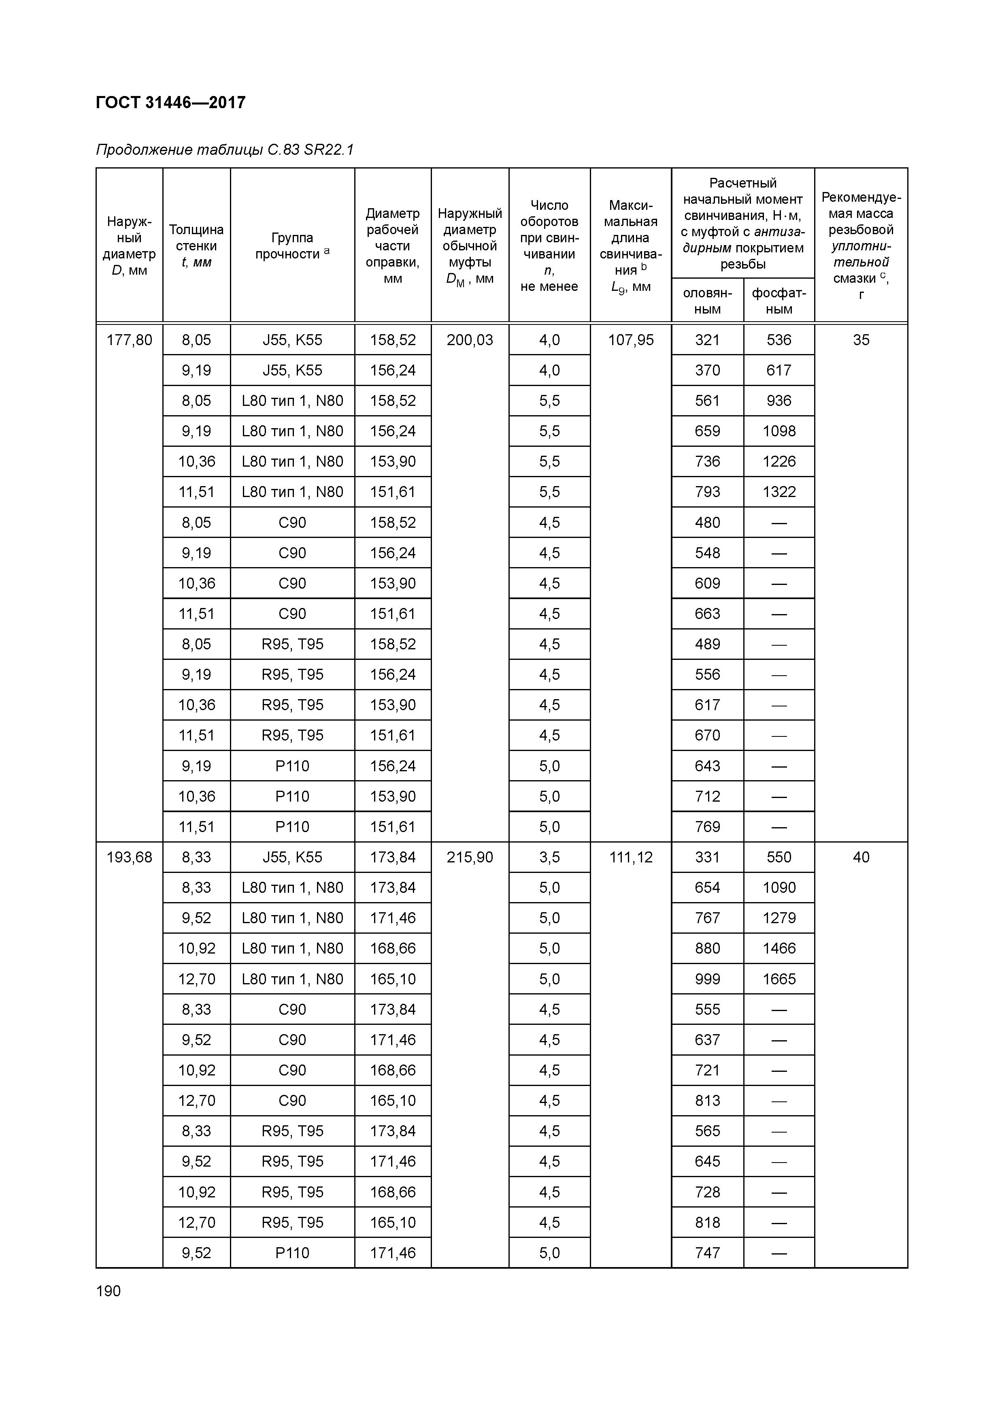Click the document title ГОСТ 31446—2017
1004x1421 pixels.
[171, 102]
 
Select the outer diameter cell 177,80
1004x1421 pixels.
[129, 340]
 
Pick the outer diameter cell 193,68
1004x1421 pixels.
[129, 857]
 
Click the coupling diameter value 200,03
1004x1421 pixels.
[470, 340]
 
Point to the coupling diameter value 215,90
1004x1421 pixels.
[470, 857]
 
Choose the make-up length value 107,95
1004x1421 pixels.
[631, 340]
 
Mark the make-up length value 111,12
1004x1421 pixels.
[631, 857]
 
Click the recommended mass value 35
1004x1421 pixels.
[861, 340]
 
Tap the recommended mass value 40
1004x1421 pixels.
[861, 857]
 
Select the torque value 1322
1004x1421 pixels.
[779, 492]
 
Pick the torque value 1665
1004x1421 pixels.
[779, 979]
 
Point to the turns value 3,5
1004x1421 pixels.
[549, 857]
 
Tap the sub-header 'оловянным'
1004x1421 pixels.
[707, 301]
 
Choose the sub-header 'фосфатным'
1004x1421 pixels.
[779, 301]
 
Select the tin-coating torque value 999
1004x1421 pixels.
[707, 979]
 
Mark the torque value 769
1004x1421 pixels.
[707, 827]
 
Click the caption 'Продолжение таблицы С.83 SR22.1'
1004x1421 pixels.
[225, 150]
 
